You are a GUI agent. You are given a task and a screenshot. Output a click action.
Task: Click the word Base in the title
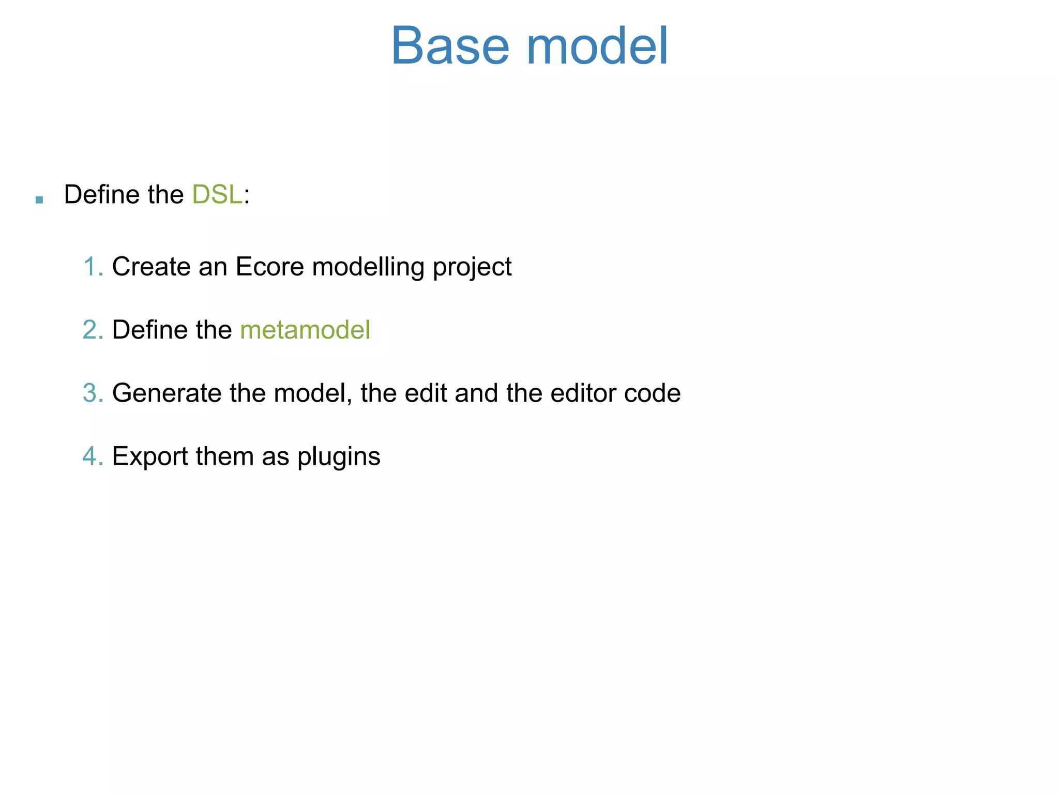(450, 47)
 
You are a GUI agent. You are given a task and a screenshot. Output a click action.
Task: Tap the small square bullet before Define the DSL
(39, 200)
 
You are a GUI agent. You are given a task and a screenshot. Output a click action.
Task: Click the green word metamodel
(305, 330)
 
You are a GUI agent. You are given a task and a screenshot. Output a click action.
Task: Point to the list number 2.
(92, 330)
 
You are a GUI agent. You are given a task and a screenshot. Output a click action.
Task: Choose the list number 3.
(92, 393)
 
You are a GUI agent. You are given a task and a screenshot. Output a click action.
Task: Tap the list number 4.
(92, 456)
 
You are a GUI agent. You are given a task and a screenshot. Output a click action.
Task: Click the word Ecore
(270, 267)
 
